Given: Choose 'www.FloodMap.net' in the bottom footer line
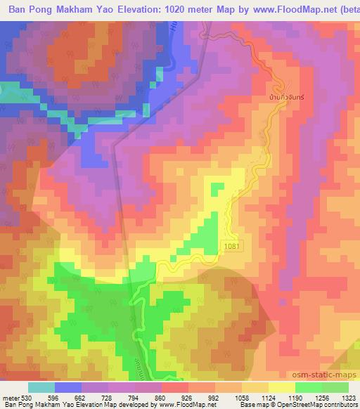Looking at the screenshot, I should tap(148, 405).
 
